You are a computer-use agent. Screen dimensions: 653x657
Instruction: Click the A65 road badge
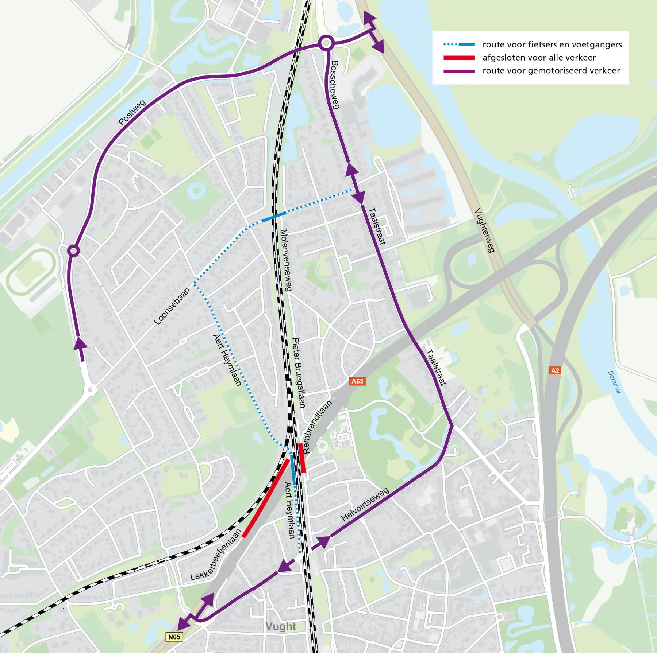[x=357, y=381]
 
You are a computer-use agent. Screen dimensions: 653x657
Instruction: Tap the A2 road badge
[x=555, y=370]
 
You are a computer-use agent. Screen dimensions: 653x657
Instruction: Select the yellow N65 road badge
[x=174, y=637]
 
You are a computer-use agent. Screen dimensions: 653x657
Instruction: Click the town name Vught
[x=280, y=626]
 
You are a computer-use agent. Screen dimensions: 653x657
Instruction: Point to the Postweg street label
[x=132, y=112]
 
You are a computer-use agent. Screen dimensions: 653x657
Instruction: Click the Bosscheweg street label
[x=335, y=85]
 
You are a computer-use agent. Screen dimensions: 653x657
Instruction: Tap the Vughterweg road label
[x=485, y=230]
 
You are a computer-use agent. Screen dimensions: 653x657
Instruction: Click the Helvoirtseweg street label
[x=365, y=505]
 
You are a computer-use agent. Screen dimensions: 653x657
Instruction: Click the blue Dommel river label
[x=614, y=382]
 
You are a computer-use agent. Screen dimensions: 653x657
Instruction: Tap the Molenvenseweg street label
[x=286, y=260]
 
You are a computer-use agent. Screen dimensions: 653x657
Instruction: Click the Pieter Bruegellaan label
[x=299, y=372]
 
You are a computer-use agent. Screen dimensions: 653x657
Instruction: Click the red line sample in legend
[x=459, y=58]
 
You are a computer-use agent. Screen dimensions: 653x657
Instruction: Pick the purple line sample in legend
[x=459, y=71]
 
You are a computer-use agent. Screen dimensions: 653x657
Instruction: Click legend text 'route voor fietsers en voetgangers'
[x=552, y=44]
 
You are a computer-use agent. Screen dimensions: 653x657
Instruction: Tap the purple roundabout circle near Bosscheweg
[x=326, y=43]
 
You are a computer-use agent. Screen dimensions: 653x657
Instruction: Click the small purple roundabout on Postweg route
[x=74, y=251]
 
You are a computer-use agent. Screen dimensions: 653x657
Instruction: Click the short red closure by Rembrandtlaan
[x=302, y=458]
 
